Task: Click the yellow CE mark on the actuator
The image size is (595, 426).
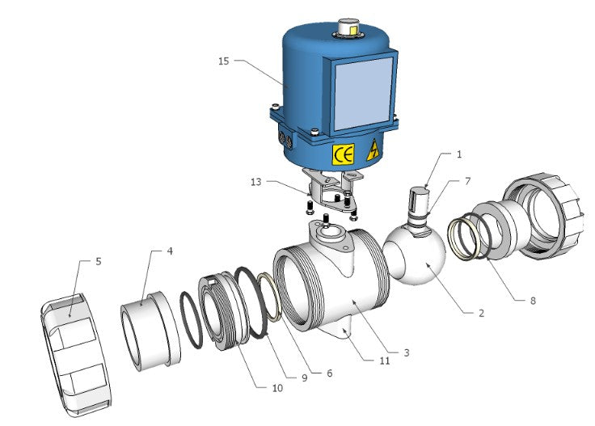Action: coord(343,154)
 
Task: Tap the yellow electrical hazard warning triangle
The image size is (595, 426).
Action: coord(373,150)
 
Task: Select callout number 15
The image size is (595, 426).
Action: coord(224,61)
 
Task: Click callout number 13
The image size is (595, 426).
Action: coord(256,182)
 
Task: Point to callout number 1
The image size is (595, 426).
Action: coord(459,154)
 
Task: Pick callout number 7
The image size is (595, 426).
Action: coord(467,181)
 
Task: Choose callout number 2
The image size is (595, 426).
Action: coord(481,313)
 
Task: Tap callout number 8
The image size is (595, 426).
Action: coord(533,301)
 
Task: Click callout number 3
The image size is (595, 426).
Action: coord(407,352)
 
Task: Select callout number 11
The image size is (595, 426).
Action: coord(385,361)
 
